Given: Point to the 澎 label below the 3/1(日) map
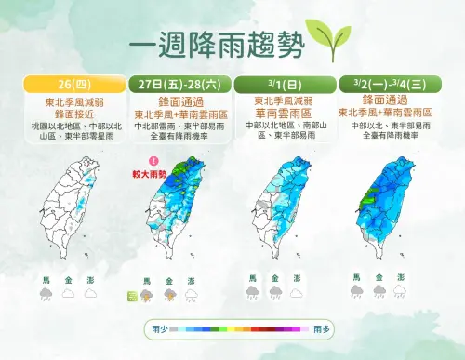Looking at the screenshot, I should pos(297,277).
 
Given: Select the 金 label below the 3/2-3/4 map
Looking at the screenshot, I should pos(379,277).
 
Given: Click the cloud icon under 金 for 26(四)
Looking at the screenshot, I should pos(67,294).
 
